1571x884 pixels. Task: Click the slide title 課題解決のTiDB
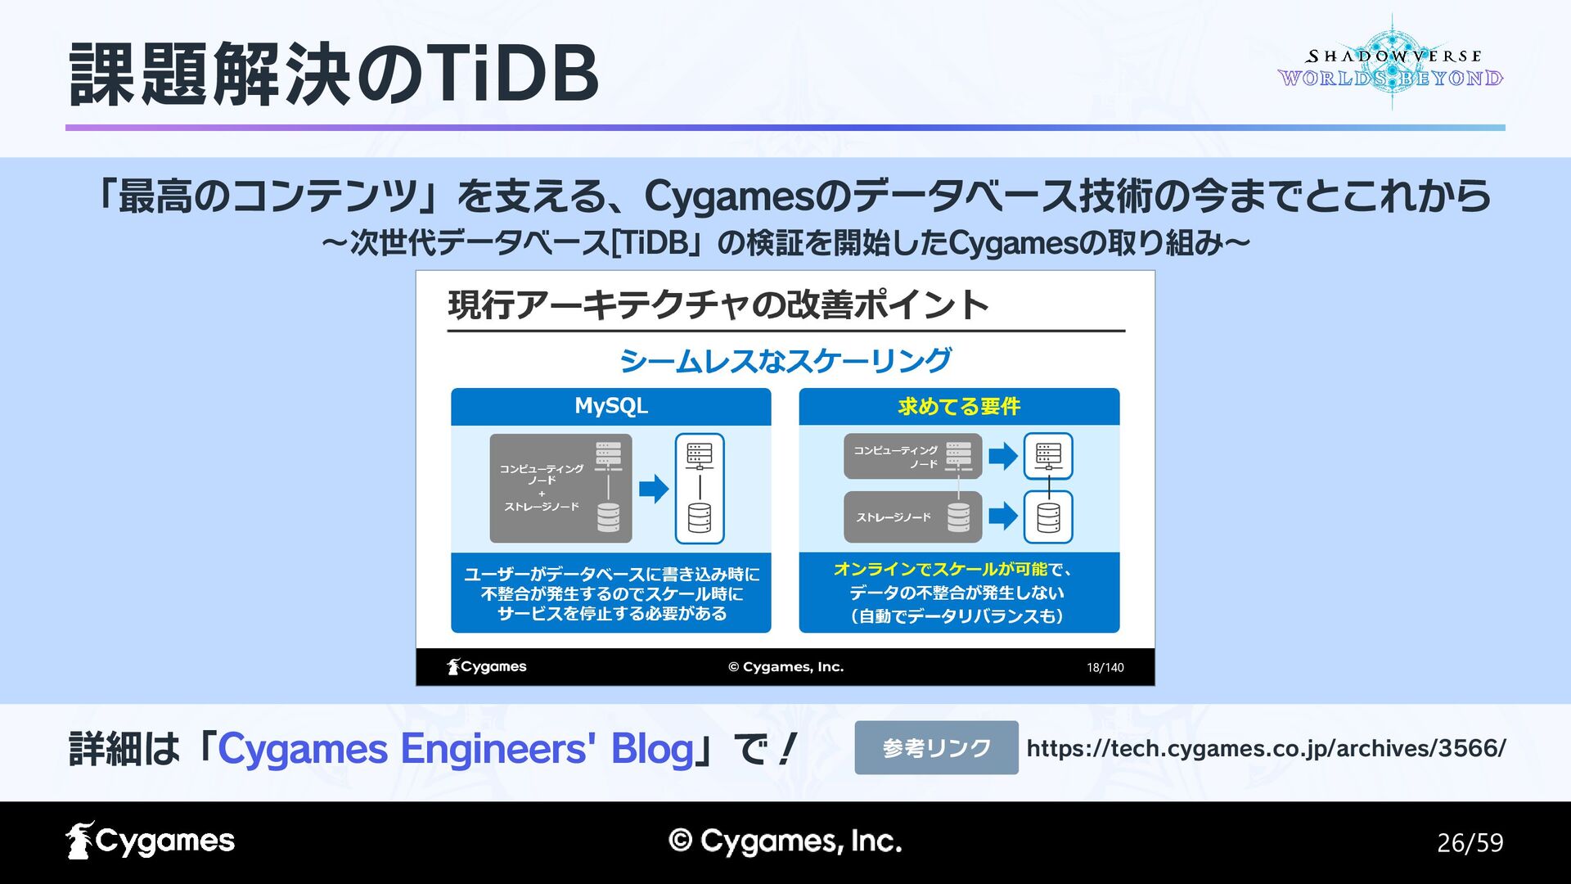tap(334, 75)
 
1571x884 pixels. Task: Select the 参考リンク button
tap(936, 747)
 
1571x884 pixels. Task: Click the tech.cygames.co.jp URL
tap(1266, 748)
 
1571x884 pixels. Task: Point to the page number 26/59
tap(1470, 842)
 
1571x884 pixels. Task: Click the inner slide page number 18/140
tap(1105, 668)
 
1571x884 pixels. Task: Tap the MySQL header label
tap(610, 406)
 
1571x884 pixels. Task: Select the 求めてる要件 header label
tap(959, 406)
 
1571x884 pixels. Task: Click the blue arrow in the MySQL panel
tap(654, 489)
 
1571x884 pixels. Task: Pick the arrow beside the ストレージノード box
tap(1003, 516)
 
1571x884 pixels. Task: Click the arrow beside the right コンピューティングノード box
tap(1003, 456)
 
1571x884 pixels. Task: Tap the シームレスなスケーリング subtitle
tap(785, 360)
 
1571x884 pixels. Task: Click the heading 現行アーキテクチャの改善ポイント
tap(718, 305)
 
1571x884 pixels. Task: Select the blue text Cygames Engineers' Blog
tap(456, 748)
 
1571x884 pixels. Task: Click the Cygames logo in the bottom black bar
tap(151, 841)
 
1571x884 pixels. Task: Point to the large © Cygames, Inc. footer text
tap(785, 841)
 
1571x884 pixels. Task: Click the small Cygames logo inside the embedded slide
tap(487, 667)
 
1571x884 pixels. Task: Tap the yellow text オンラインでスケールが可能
tap(940, 569)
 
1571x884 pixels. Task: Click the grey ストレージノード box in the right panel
tap(912, 516)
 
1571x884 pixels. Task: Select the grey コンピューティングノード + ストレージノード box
tap(560, 489)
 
